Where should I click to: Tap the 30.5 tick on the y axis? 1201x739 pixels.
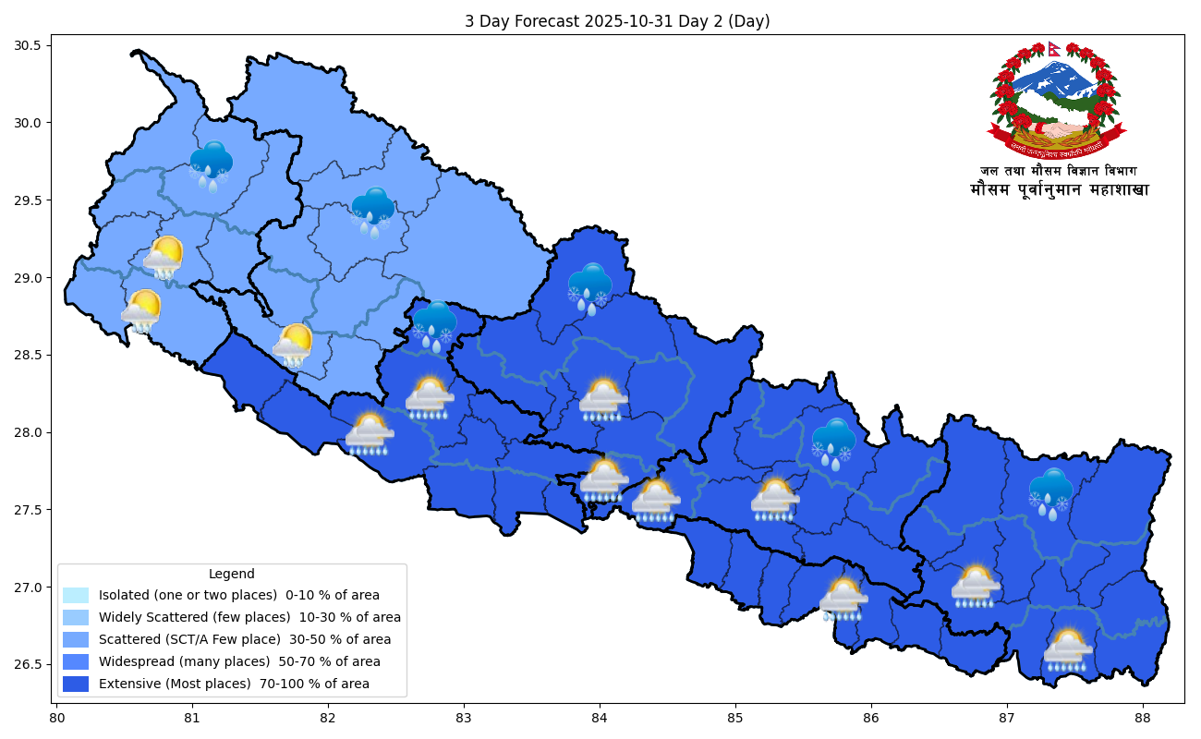(36, 45)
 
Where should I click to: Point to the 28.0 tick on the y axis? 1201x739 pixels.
(36, 432)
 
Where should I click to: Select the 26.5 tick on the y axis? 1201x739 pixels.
(36, 665)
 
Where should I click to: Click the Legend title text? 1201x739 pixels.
(231, 574)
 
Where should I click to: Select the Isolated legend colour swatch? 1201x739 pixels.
(76, 596)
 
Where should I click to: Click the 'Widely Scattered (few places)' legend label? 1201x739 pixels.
(249, 617)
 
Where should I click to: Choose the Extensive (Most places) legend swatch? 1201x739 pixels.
(76, 684)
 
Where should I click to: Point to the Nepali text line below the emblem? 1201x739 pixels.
(1059, 190)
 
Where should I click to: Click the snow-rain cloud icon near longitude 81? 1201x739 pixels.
(212, 164)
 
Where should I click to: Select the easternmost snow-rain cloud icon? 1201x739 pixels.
(1050, 492)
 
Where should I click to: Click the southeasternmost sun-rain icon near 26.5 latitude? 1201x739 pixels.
(1068, 650)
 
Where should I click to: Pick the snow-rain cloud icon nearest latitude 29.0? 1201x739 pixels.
(589, 287)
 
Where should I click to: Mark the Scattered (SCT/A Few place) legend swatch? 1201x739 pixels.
(76, 640)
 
